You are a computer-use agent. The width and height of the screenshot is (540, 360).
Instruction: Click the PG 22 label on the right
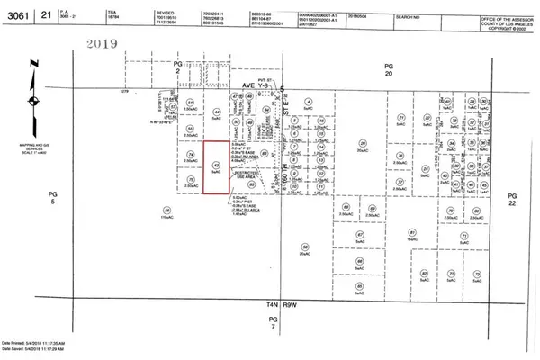pyautogui.click(x=514, y=199)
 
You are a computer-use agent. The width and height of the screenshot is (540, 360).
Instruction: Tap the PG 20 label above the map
pyautogui.click(x=389, y=71)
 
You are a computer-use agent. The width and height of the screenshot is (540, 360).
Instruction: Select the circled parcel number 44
pyautogui.click(x=217, y=112)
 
